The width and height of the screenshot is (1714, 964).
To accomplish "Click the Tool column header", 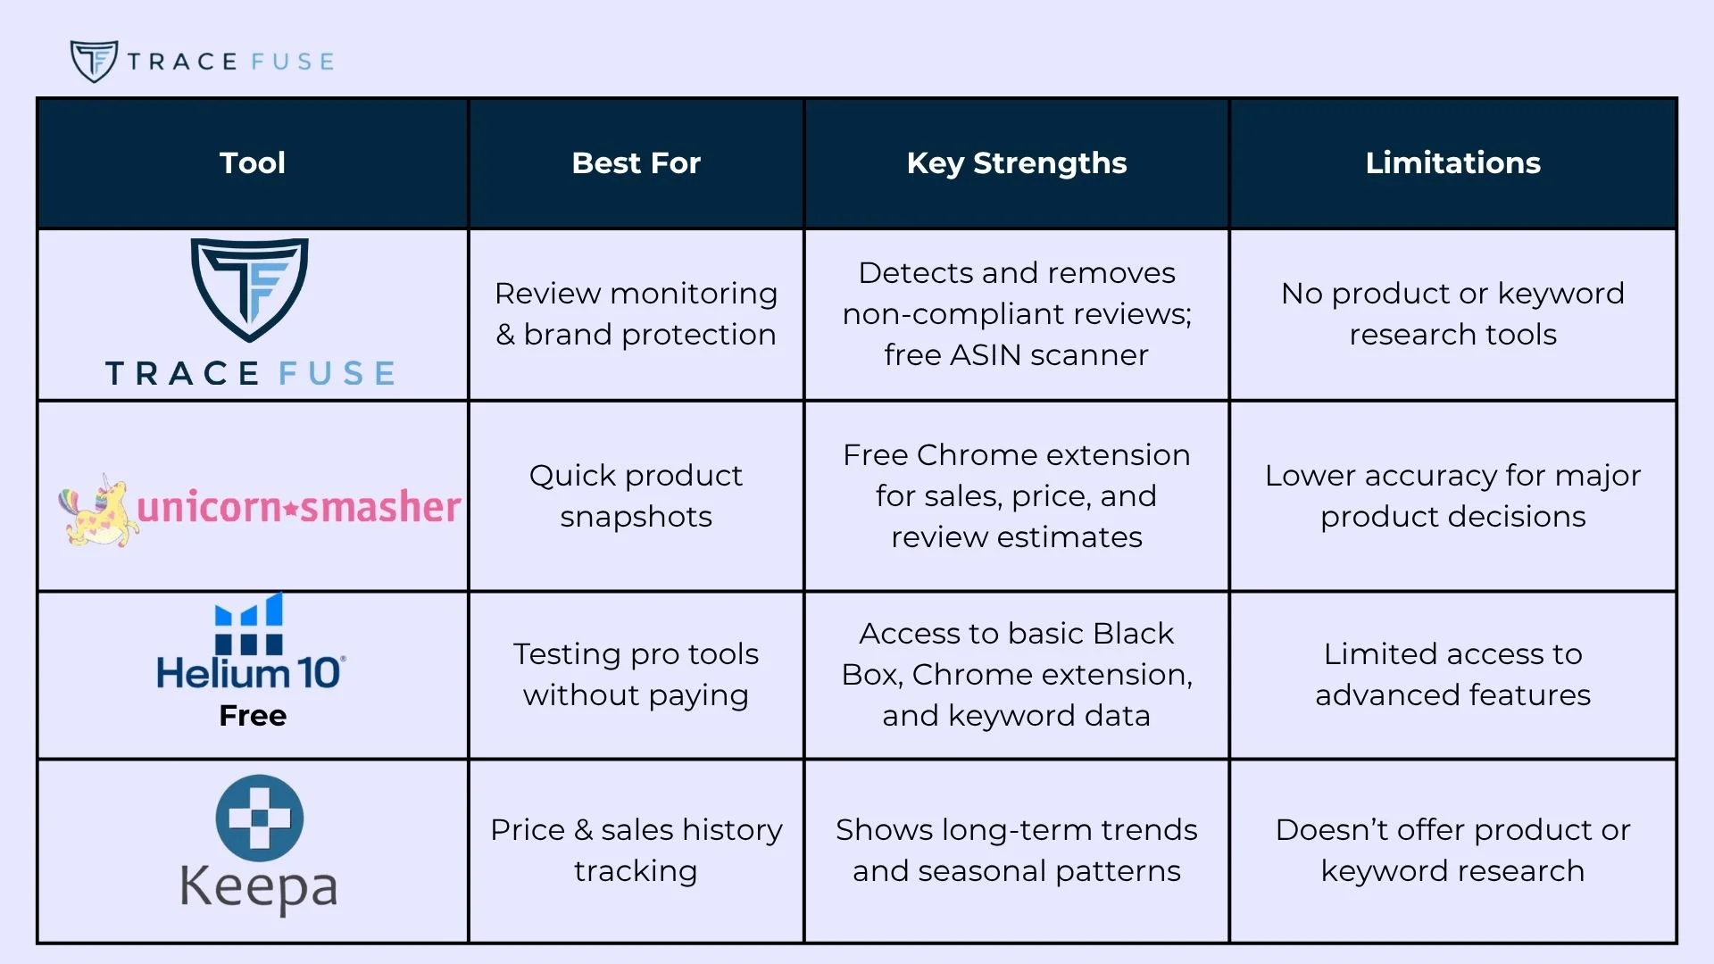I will [x=253, y=162].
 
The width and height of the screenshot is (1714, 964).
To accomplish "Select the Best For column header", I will [x=636, y=162].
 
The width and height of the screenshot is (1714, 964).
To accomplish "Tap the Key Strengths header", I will [x=1016, y=162].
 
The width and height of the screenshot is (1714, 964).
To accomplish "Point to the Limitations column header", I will [x=1452, y=162].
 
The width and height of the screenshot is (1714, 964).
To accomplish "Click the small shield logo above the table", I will [x=94, y=61].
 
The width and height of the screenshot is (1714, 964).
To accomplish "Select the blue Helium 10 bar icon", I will [x=249, y=625].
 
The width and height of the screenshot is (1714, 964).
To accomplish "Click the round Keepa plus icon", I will [x=260, y=818].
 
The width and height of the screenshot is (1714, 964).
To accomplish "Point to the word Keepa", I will [x=259, y=886].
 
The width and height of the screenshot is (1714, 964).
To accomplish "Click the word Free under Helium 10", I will [x=253, y=716].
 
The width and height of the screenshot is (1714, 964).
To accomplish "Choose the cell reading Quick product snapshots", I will [x=636, y=495].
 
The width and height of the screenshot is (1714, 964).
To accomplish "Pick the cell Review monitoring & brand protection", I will [x=636, y=313].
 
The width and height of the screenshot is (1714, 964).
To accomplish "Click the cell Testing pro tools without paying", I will [x=636, y=674].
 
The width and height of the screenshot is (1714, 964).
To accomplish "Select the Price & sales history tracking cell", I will [x=636, y=850].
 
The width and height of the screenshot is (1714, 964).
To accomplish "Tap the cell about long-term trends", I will [x=1016, y=850].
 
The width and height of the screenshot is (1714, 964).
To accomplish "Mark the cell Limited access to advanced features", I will [x=1452, y=674].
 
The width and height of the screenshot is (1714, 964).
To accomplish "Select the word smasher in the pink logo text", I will [x=381, y=507].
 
